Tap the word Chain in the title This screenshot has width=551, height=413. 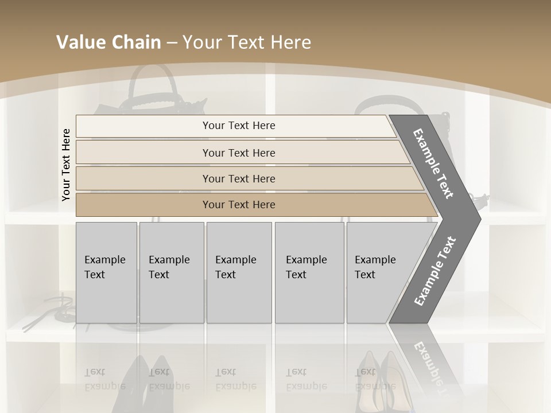(136, 42)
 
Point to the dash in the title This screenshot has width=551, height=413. (172, 43)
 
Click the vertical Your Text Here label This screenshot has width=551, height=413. (66, 165)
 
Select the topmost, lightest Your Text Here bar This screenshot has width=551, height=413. (238, 126)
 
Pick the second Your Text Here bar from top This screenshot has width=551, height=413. (238, 153)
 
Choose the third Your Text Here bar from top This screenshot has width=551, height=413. (238, 178)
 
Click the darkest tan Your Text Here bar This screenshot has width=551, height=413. (238, 205)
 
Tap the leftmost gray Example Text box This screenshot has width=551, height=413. (106, 272)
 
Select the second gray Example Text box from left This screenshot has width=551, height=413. (171, 272)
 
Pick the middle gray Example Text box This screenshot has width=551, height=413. (239, 272)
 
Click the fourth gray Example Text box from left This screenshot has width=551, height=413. (309, 272)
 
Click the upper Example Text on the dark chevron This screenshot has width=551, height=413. (433, 163)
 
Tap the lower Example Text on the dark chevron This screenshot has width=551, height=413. (434, 271)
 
